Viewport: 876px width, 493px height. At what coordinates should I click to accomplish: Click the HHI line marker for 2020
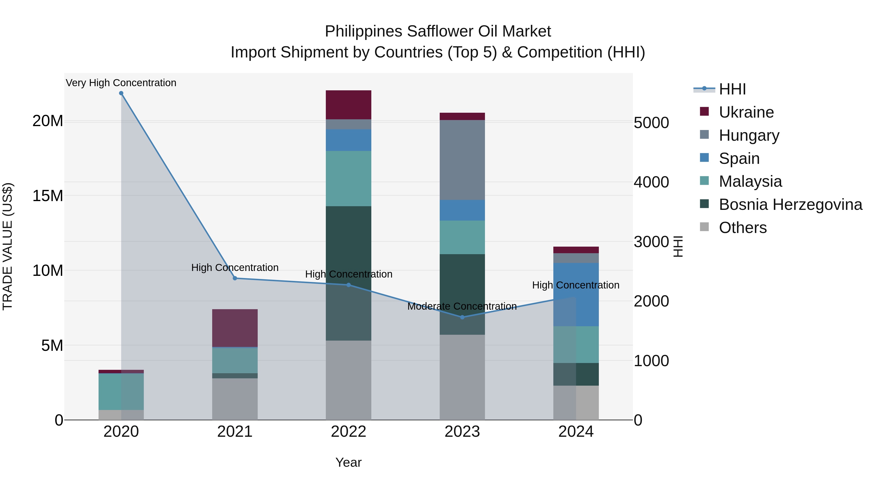pos(121,93)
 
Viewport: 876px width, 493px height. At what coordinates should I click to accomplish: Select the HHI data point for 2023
pos(462,317)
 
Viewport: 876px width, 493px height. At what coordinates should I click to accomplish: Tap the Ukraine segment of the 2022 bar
pos(348,105)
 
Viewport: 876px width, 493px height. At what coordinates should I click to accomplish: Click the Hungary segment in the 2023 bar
pos(462,160)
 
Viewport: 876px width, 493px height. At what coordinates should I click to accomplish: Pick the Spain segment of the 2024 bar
pos(576,294)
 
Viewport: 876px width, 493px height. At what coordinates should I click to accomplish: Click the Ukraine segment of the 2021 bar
pos(235,328)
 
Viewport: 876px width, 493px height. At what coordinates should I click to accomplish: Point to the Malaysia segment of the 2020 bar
pos(121,391)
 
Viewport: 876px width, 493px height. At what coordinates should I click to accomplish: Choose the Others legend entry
pos(742,228)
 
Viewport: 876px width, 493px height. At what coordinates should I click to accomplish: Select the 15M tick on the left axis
pos(48,196)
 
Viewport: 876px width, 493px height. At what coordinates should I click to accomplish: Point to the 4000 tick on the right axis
pos(651,182)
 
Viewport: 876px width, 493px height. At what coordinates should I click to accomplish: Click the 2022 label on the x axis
pos(348,432)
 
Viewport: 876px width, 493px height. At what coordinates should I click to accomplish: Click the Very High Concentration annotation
pos(121,83)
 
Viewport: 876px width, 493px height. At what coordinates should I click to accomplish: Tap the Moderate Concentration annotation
pos(462,306)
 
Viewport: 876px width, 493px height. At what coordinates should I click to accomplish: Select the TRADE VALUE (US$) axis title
pos(8,246)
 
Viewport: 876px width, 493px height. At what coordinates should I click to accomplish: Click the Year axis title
pos(348,462)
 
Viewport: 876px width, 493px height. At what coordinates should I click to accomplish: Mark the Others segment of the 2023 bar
pos(462,377)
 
